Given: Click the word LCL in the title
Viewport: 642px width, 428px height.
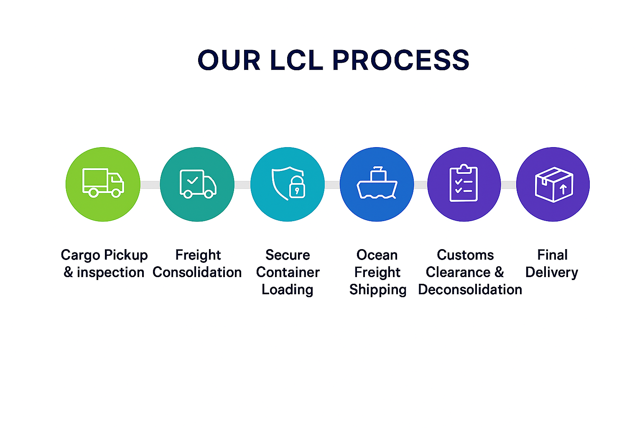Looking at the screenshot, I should click(x=296, y=60).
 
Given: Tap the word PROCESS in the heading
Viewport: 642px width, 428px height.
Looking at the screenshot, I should click(x=401, y=60).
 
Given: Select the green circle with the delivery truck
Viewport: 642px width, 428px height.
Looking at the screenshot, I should click(x=103, y=184).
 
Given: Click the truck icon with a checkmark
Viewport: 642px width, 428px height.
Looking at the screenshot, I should click(x=198, y=183).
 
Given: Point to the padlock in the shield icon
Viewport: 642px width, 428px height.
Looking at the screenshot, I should click(x=297, y=188).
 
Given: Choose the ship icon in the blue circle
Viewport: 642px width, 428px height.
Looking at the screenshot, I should click(x=377, y=183).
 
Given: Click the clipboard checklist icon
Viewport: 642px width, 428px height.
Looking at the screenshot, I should click(x=464, y=183).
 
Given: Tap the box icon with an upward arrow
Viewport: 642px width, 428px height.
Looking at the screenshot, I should click(x=554, y=184).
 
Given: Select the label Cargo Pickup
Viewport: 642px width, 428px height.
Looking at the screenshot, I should click(x=104, y=255).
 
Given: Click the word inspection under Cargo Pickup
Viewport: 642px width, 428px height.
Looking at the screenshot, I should click(x=110, y=273).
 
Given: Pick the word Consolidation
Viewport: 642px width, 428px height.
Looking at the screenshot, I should click(x=197, y=273).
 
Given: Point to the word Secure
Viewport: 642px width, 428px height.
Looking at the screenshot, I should click(x=288, y=255).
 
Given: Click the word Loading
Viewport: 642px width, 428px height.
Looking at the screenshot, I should click(x=287, y=290).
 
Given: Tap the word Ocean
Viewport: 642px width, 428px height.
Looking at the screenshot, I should click(x=377, y=255).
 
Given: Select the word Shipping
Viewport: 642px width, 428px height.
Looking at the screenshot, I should click(x=378, y=290).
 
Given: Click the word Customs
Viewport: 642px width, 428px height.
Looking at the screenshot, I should click(x=465, y=255).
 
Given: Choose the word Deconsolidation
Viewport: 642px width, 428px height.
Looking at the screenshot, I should click(x=470, y=290).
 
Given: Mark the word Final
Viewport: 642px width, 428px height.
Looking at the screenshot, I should click(x=552, y=255).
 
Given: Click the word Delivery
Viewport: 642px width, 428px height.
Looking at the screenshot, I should click(x=552, y=273).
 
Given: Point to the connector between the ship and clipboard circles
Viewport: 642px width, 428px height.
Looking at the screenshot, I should click(x=420, y=185).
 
